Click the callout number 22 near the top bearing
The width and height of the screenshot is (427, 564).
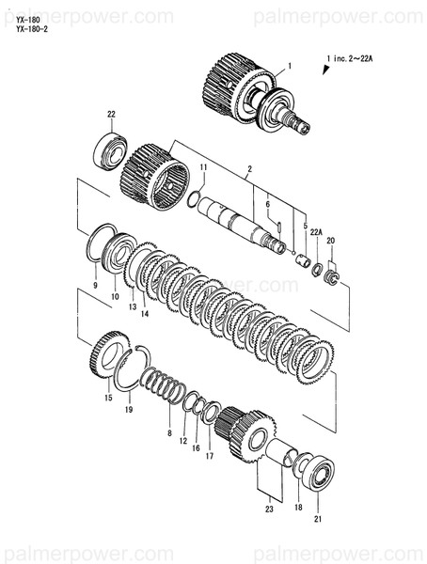(111, 115)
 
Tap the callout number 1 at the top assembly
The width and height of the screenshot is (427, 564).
(290, 66)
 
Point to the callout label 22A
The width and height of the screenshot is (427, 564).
(317, 231)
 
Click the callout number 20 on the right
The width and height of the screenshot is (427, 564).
(330, 242)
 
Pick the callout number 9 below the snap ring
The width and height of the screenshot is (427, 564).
(95, 284)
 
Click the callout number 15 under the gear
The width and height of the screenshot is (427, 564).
(108, 399)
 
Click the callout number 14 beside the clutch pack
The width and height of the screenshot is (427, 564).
(145, 315)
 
